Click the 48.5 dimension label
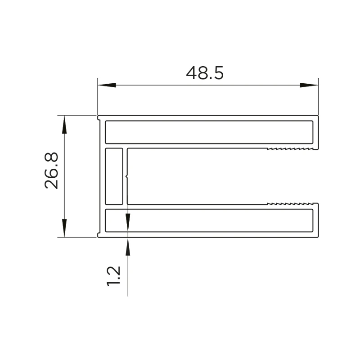pyautogui.click(x=205, y=73)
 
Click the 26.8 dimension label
pyautogui.click(x=51, y=171)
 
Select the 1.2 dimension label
pyautogui.click(x=113, y=276)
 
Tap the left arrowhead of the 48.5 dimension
pyautogui.click(x=107, y=85)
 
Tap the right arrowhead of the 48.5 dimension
pyautogui.click(x=309, y=85)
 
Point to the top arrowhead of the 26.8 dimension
pyautogui.click(x=64, y=125)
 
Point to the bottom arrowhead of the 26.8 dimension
pyautogui.click(x=64, y=228)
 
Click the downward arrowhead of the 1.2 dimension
pyautogui.click(x=128, y=222)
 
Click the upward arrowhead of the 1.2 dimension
pyautogui.click(x=128, y=247)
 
